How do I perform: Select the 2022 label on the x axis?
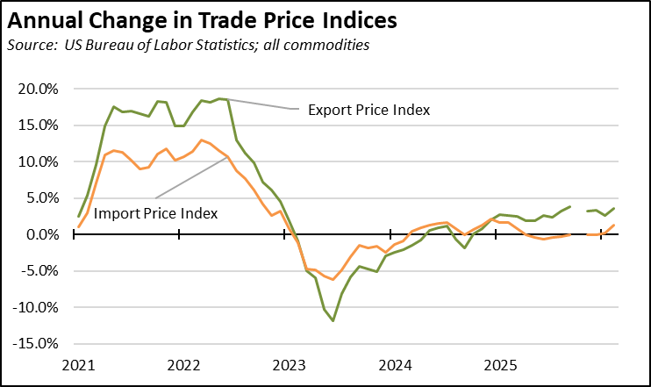pos(184,364)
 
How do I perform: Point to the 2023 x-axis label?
pos(289,364)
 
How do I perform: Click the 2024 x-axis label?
pos(393,364)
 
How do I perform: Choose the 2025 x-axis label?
pos(497,364)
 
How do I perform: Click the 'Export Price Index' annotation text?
pos(368,111)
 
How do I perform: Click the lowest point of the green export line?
pos(333,321)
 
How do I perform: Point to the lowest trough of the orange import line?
pos(333,279)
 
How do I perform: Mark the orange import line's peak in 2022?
pos(202,140)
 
